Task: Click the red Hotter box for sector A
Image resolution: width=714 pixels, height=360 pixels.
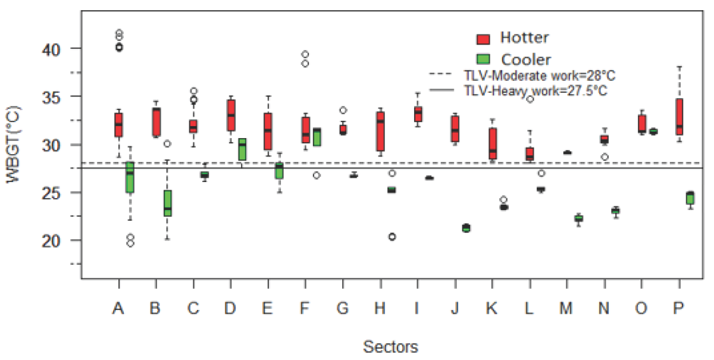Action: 119,125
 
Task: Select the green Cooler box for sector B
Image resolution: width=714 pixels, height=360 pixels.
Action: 168,203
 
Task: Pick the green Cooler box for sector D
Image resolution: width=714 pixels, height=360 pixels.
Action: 242,149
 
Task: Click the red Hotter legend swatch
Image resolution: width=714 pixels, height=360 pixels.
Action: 483,39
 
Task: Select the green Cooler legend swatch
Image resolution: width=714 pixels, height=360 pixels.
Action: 483,59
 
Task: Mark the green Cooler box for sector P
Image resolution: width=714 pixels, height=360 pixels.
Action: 690,198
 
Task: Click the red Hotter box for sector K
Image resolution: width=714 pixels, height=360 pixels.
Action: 493,143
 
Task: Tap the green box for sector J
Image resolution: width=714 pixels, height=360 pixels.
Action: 466,228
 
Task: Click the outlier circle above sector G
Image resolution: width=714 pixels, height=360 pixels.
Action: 343,110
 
